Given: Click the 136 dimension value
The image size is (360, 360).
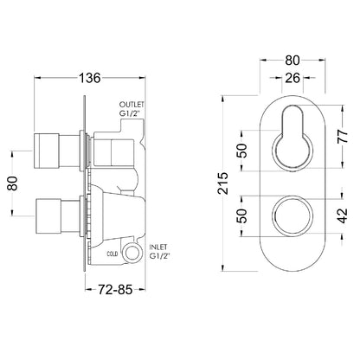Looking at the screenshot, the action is pyautogui.click(x=89, y=78).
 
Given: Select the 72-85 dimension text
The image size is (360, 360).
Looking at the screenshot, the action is pyautogui.click(x=115, y=289).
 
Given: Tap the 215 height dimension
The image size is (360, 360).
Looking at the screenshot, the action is pyautogui.click(x=223, y=183).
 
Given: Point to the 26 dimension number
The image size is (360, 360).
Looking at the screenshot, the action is pyautogui.click(x=292, y=78).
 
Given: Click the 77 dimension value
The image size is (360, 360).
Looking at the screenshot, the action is pyautogui.click(x=343, y=137).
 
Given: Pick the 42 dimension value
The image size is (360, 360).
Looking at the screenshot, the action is pyautogui.click(x=343, y=215).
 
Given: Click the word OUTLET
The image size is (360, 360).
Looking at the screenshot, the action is pyautogui.click(x=132, y=104).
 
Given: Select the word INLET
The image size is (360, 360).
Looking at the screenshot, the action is pyautogui.click(x=158, y=247).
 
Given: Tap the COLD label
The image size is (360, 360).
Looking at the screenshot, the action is pyautogui.click(x=112, y=254).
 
